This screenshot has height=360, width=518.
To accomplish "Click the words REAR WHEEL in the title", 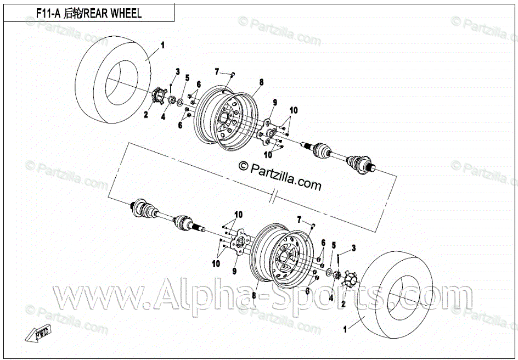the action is [x=112, y=13].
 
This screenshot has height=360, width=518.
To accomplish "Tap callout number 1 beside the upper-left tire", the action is [x=162, y=43].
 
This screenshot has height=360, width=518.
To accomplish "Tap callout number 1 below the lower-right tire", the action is [x=345, y=330].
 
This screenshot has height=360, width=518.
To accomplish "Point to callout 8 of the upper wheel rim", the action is [x=262, y=82].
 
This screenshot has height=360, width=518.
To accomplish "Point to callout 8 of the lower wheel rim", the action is [x=254, y=295].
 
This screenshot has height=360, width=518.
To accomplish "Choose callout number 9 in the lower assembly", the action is [x=234, y=271].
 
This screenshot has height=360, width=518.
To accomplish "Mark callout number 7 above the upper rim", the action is [x=217, y=72].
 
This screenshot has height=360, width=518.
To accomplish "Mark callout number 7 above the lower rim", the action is [x=300, y=220].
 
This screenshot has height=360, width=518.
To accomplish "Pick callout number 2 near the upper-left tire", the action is [x=146, y=115].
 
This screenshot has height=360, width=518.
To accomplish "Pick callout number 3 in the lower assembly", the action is [x=354, y=248].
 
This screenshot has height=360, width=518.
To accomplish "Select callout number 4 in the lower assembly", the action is [x=331, y=297].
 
